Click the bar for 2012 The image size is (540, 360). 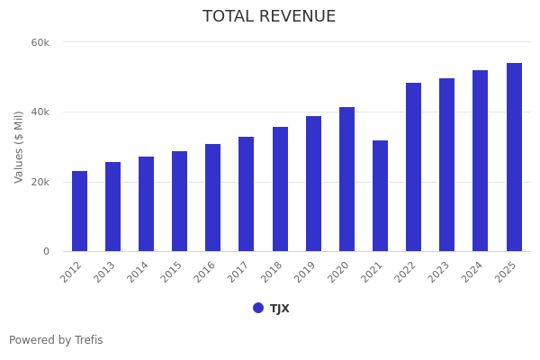(79, 211)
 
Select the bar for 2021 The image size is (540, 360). (380, 196)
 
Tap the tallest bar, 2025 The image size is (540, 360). (514, 157)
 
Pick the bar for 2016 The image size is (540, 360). (212, 198)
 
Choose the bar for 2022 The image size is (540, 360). (413, 167)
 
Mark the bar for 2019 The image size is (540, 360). (313, 184)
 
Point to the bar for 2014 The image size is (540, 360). (146, 204)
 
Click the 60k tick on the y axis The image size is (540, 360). (40, 42)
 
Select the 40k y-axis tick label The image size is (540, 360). (40, 112)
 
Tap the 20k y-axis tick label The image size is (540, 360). (40, 182)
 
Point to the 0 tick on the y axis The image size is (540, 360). (46, 252)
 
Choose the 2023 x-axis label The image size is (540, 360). (441, 272)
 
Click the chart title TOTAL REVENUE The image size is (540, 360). (269, 17)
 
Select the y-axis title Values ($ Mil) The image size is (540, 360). (19, 147)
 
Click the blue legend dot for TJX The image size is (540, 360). (258, 308)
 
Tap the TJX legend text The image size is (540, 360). (280, 309)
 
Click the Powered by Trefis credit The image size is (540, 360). (56, 340)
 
